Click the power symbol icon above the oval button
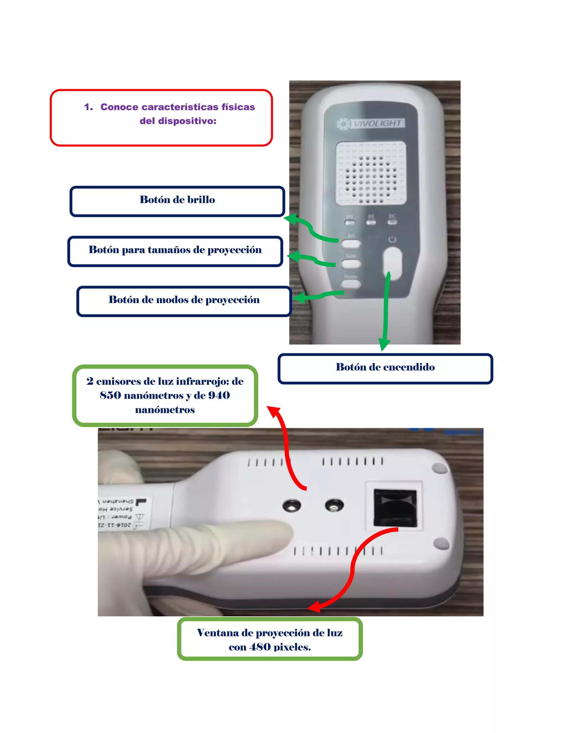pyautogui.click(x=392, y=239)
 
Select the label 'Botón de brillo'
pyautogui.click(x=177, y=200)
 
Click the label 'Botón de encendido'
pyautogui.click(x=385, y=367)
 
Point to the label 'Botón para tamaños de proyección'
pyautogui.click(x=175, y=250)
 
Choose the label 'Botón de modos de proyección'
pyautogui.click(x=184, y=300)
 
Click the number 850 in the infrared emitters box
pyautogui.click(x=110, y=395)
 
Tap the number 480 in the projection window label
pyautogui.click(x=260, y=647)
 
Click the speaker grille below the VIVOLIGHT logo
pyautogui.click(x=371, y=173)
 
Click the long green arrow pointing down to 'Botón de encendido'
pyautogui.click(x=385, y=312)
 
